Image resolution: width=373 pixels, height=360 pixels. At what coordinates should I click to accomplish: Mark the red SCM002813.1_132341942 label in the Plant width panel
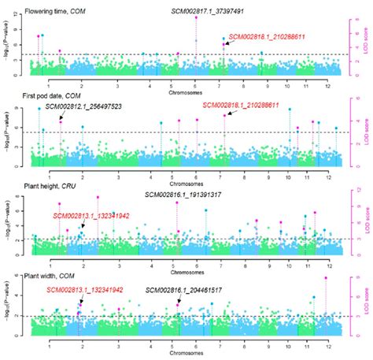(84, 290)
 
